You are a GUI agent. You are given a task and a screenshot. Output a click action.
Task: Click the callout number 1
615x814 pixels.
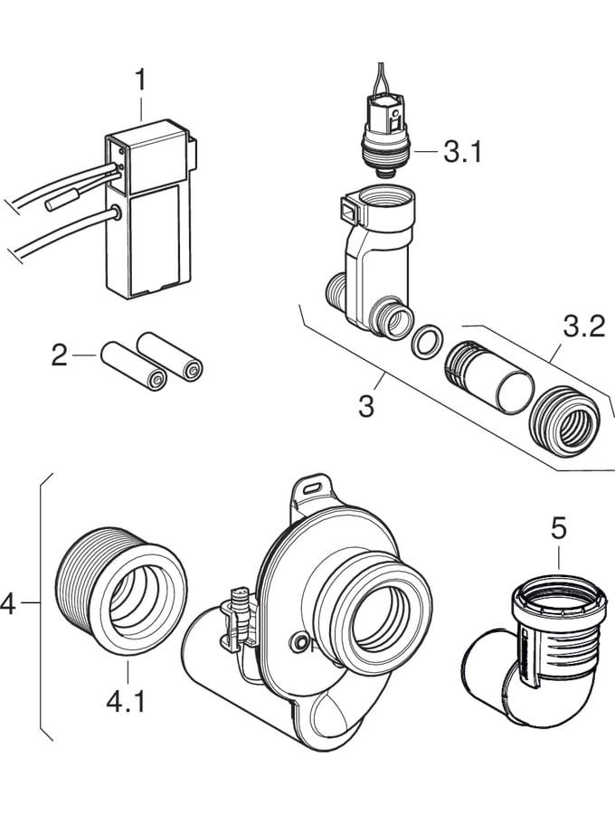point(140,80)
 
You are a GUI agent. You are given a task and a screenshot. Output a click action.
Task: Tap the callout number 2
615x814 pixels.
point(60,355)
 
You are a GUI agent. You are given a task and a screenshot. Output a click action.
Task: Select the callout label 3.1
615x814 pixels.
point(463,151)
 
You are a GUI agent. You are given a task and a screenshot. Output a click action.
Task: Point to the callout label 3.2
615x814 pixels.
point(583,327)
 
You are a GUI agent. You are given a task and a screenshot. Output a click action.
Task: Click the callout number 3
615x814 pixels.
point(365,406)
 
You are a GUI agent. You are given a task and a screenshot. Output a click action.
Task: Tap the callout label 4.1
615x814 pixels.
point(127,701)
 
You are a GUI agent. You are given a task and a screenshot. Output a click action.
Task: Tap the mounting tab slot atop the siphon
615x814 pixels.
point(311,486)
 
